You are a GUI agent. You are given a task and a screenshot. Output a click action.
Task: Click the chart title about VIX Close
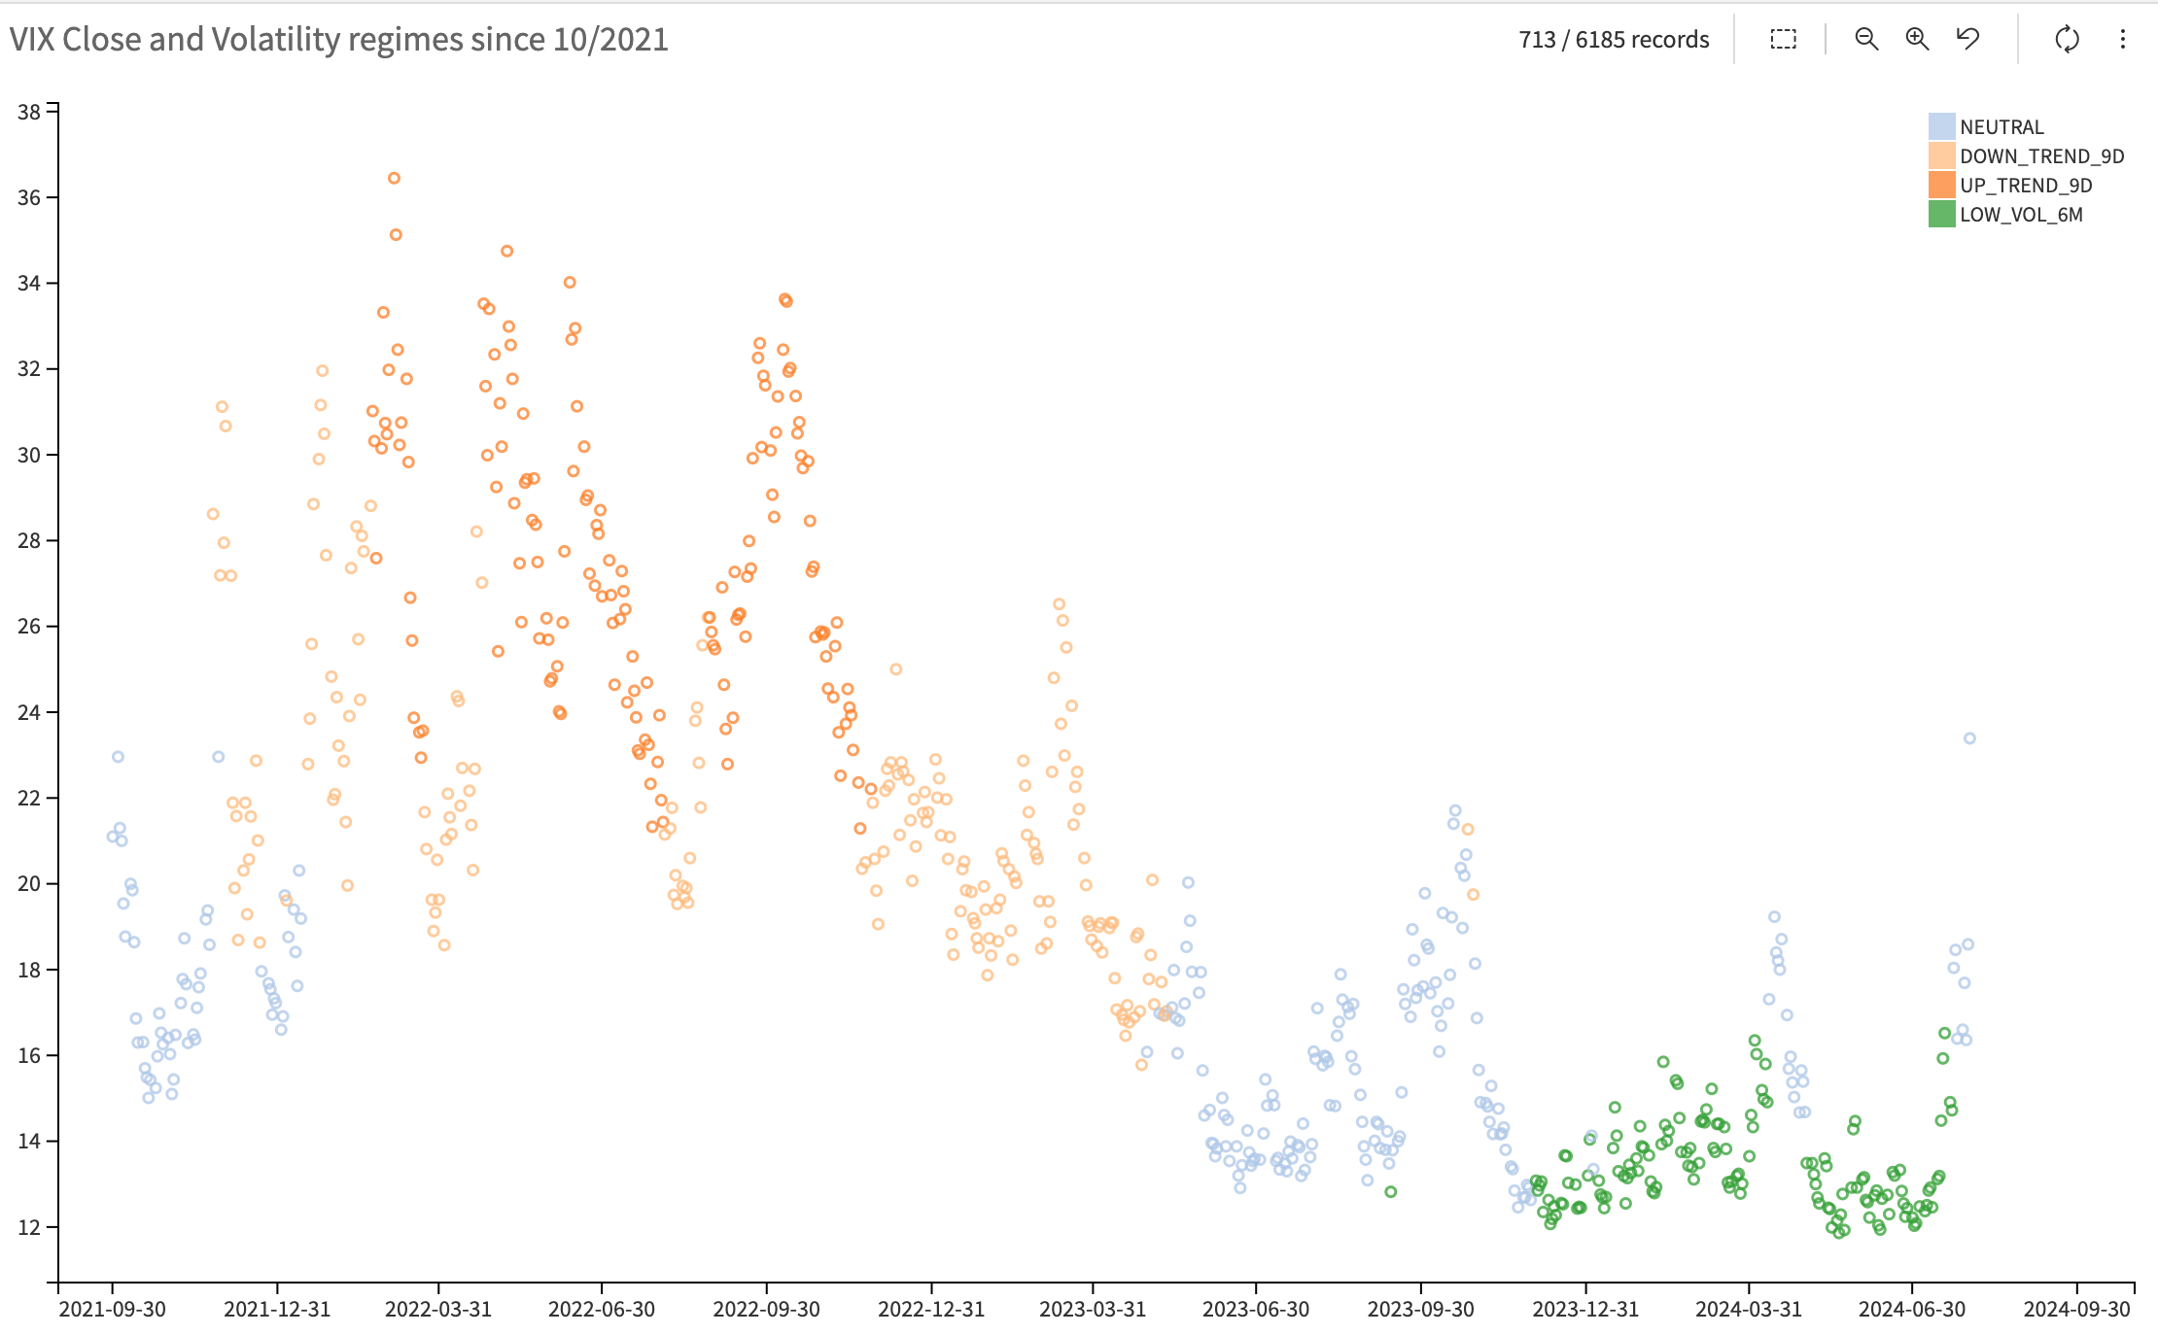[338, 40]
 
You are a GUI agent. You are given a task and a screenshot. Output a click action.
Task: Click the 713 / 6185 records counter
[1613, 40]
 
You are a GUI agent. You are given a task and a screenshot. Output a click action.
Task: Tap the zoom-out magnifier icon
[1865, 39]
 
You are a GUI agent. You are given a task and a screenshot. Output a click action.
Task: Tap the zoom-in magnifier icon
[1916, 39]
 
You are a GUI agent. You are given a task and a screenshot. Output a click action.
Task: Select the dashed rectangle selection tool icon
[1783, 39]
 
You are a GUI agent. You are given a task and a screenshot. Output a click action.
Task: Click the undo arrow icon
[1967, 39]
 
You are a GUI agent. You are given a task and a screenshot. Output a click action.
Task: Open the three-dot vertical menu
[2122, 39]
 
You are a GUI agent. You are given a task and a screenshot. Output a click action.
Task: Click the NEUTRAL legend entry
[2001, 127]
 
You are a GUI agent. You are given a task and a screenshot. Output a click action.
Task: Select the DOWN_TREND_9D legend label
[2041, 156]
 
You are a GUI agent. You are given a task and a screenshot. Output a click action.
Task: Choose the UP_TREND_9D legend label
[2025, 186]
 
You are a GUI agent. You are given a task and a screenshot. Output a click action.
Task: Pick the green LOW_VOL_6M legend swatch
[1941, 215]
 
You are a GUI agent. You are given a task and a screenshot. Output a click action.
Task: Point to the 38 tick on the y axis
[29, 112]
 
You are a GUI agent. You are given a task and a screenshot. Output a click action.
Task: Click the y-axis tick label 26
[29, 627]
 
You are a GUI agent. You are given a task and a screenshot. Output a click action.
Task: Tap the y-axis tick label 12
[29, 1227]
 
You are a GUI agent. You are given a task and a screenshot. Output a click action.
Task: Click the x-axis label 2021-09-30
[113, 1309]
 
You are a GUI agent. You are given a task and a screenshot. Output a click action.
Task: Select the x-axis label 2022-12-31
[931, 1309]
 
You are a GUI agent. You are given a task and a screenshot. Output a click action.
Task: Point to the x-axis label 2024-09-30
[2076, 1309]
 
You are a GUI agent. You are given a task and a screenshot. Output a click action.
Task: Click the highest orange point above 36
[394, 178]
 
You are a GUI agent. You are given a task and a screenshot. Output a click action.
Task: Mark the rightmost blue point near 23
[1969, 738]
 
